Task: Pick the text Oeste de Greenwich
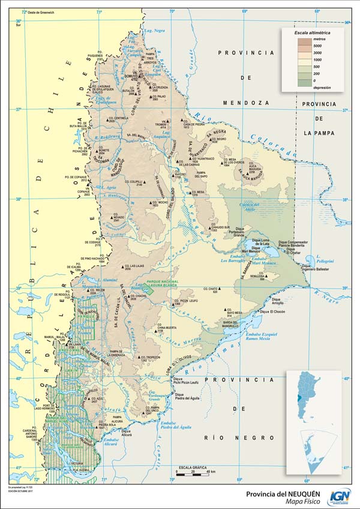[43, 11]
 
